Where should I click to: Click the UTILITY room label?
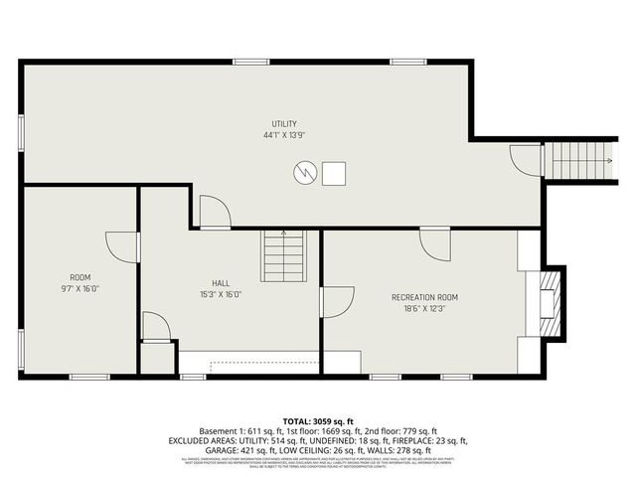(284, 123)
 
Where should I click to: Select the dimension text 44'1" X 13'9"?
(284, 134)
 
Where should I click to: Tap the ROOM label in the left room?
(80, 277)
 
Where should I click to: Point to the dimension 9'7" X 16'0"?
(80, 288)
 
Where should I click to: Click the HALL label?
(221, 282)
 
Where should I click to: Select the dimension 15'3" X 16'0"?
(221, 293)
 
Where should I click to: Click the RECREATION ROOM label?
(424, 297)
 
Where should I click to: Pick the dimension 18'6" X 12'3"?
(424, 308)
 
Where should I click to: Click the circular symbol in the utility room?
(304, 173)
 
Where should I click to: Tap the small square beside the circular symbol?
(336, 173)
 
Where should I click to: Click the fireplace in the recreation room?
(548, 295)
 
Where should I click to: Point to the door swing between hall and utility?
(215, 212)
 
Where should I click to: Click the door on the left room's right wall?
(122, 246)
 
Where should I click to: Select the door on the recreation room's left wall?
(336, 302)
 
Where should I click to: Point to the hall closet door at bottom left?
(156, 327)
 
